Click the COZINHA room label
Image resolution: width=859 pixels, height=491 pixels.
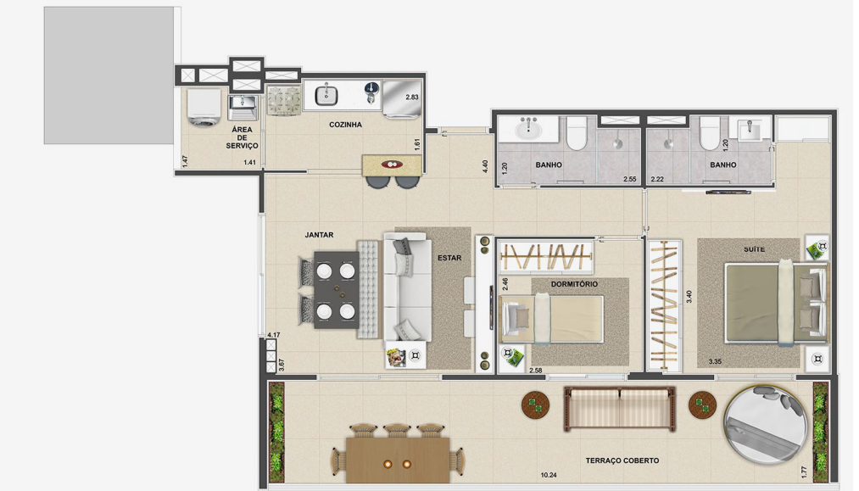coord(345,125)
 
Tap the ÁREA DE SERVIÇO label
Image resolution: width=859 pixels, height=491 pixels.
coord(242,137)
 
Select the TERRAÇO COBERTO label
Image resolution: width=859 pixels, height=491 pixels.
coord(622,460)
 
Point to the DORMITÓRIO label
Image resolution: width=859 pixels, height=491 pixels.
coord(574,284)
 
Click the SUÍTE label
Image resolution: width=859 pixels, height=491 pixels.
coord(754,249)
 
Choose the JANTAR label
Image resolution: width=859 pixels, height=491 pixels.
coord(319,235)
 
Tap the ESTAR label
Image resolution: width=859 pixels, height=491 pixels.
coord(449,258)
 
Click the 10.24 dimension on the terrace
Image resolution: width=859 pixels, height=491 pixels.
coord(549,475)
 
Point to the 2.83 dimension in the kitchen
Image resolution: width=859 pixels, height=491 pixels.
coord(412,97)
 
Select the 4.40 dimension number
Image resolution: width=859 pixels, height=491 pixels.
coord(485,166)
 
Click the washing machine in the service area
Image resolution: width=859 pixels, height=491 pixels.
coord(204,108)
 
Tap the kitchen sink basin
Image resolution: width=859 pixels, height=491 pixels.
coord(326,96)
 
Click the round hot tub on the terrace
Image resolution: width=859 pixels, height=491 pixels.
coord(766,425)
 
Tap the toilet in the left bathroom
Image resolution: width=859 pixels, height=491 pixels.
coord(577,132)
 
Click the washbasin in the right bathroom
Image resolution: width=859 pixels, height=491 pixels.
coord(748,131)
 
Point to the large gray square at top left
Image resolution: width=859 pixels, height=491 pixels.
coord(109,75)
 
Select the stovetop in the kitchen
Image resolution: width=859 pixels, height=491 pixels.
coord(284,100)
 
